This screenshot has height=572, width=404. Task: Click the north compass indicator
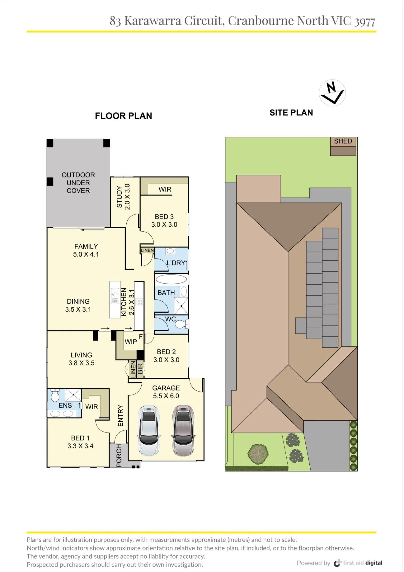332,93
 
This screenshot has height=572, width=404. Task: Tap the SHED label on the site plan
343,141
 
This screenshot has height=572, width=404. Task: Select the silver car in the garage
149,430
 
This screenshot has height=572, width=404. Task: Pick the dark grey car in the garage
183,430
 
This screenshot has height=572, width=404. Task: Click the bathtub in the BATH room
171,279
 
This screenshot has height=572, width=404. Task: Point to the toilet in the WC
181,324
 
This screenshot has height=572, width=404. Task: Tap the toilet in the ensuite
55,396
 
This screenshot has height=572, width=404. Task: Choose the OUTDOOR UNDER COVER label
78,183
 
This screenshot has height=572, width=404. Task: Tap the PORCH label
119,456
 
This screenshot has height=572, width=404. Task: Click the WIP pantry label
131,342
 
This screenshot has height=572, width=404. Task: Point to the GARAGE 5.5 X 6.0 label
166,392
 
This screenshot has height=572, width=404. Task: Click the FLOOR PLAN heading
123,116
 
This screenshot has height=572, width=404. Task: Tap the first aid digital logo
358,563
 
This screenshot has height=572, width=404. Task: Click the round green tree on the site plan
258,454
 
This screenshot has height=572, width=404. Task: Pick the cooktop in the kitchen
139,302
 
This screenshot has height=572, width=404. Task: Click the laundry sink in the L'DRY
171,251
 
